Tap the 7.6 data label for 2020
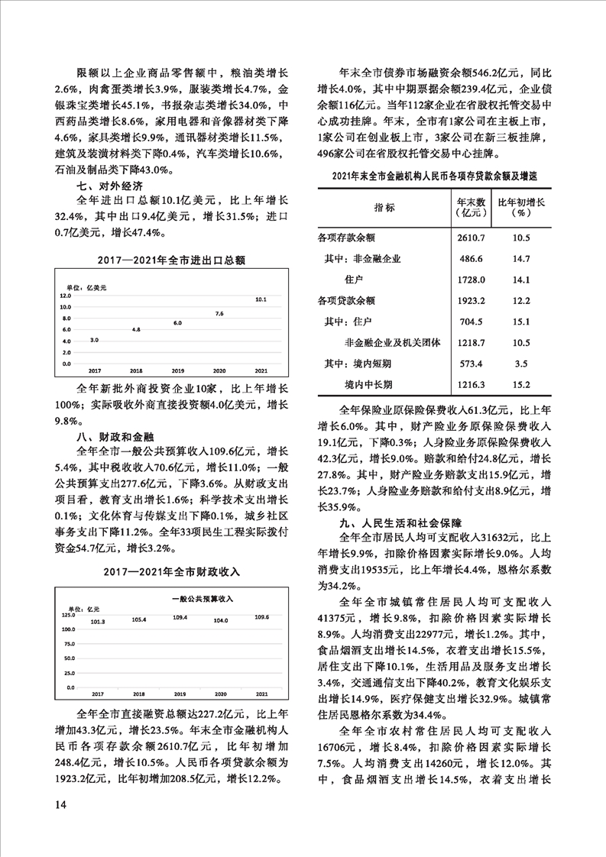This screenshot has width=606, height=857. click(219, 314)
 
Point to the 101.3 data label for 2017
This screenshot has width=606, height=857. click(98, 623)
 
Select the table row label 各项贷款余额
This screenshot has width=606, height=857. click(346, 299)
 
